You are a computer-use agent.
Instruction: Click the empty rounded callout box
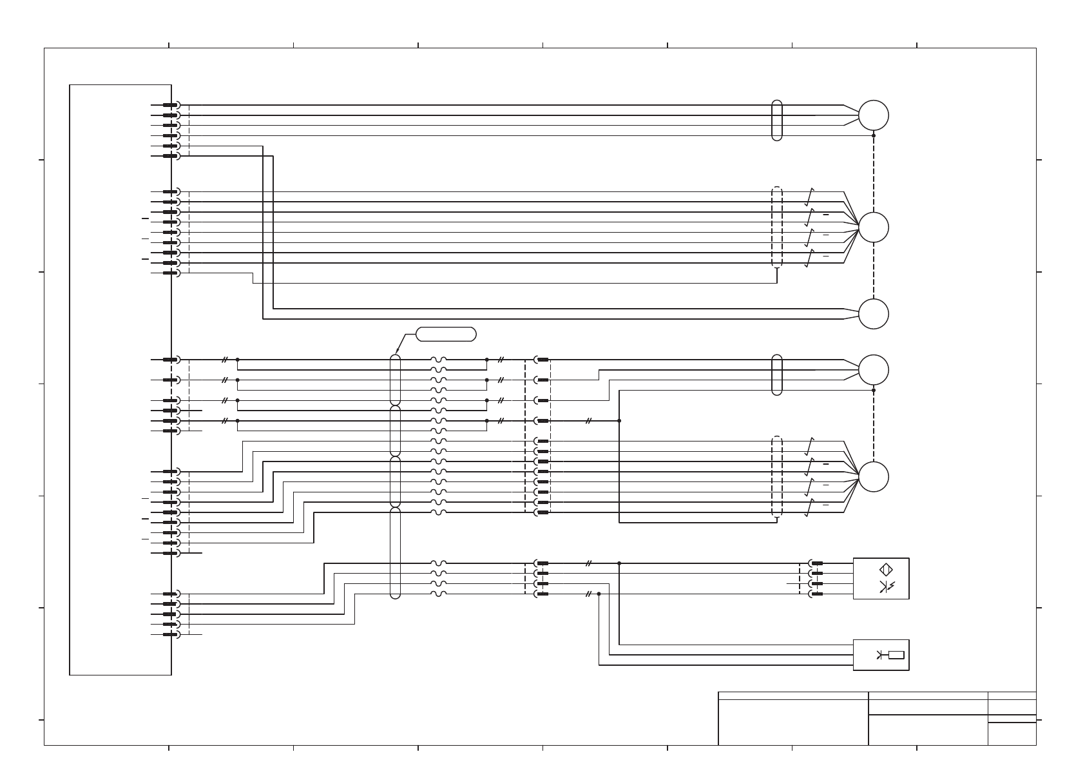[446, 334]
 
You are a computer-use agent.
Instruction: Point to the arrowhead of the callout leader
[397, 352]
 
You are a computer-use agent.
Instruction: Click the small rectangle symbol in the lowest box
[896, 655]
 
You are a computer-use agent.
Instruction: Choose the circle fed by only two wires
[873, 314]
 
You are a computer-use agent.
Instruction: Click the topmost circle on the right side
[873, 115]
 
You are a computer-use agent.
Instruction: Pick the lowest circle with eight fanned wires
[873, 477]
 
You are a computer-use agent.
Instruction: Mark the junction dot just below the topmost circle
[873, 135]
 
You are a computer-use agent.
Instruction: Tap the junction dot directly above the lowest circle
[873, 390]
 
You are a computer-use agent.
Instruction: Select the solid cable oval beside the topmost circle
[776, 121]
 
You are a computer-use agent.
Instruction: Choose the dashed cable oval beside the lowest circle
[776, 477]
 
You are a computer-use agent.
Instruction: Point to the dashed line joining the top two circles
[873, 174]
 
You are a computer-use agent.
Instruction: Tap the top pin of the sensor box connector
[817, 563]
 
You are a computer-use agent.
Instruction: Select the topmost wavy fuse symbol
[438, 360]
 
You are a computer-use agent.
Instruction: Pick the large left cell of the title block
[792, 722]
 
